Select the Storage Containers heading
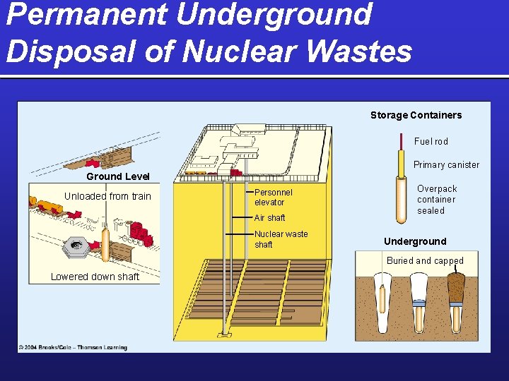click(416, 115)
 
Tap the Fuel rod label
click(431, 141)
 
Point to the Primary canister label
click(446, 164)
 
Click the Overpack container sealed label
click(436, 200)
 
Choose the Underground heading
click(415, 241)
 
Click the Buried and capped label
click(425, 260)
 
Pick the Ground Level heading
click(117, 176)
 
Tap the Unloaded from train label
click(107, 196)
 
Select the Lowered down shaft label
click(95, 277)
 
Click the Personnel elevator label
click(273, 197)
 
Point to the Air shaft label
click(269, 218)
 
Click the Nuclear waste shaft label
click(281, 239)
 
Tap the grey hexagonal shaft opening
click(74, 246)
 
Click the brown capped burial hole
click(455, 289)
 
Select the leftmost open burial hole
click(382, 300)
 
